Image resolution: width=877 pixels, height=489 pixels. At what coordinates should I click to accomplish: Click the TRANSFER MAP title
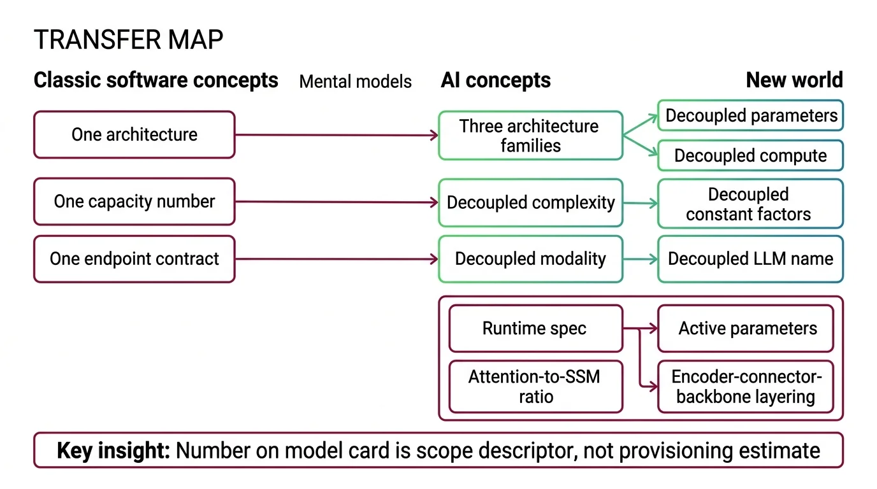[128, 40]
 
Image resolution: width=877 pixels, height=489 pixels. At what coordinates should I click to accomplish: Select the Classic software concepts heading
[156, 80]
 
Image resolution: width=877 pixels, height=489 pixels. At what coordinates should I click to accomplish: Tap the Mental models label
[355, 81]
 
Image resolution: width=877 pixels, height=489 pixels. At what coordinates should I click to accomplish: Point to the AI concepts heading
[495, 80]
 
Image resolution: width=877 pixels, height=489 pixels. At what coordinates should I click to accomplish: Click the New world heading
[794, 80]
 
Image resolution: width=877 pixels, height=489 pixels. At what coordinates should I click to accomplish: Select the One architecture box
[134, 134]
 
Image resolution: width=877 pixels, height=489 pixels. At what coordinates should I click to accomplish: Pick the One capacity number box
[134, 202]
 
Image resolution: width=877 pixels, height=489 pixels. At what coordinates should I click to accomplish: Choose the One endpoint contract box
[134, 259]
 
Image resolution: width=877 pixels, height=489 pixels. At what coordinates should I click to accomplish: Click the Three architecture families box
[530, 136]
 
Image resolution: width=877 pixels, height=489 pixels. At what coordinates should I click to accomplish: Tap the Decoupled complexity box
[530, 203]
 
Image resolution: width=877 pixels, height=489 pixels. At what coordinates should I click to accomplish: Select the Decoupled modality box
[530, 259]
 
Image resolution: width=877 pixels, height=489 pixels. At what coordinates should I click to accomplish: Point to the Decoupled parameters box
[750, 116]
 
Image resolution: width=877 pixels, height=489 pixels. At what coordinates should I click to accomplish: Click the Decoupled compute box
[750, 156]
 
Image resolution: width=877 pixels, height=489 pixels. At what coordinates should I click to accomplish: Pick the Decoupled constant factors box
[750, 204]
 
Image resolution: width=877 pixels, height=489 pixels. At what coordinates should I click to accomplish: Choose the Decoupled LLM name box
[750, 259]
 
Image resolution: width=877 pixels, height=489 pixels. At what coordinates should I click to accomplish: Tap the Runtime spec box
[535, 329]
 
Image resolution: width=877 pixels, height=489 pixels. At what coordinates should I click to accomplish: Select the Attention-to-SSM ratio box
[535, 386]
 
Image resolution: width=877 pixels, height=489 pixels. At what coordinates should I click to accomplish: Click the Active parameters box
[746, 329]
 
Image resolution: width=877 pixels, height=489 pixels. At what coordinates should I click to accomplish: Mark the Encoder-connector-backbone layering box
[746, 386]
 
